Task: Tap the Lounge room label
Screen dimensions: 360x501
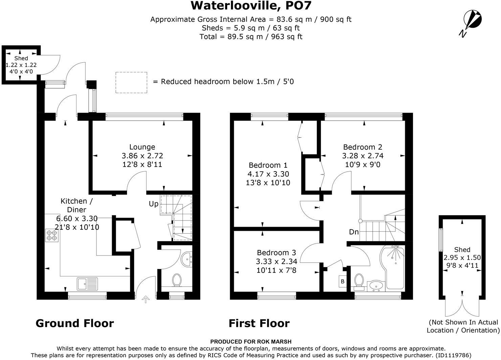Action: [x=142, y=147]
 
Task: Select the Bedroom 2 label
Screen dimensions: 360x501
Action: [x=363, y=147]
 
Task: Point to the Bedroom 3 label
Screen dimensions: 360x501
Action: [x=276, y=252]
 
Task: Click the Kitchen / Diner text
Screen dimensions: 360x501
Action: [x=77, y=205]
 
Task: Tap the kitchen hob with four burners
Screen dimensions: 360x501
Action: [x=52, y=235]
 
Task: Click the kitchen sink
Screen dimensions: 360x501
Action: [x=87, y=284]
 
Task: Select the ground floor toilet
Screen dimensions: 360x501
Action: [x=177, y=280]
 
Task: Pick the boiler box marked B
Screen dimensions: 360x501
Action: [x=342, y=281]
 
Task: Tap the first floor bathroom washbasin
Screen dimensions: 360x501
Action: [x=375, y=286]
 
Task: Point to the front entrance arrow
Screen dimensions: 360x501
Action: [x=146, y=299]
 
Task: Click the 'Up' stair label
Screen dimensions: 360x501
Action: [x=154, y=204]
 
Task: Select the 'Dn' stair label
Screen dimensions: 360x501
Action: [x=354, y=232]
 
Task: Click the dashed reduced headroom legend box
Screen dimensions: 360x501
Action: [x=131, y=82]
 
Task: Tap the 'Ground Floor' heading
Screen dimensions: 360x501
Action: [x=74, y=323]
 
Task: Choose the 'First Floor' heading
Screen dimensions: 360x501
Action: [x=259, y=323]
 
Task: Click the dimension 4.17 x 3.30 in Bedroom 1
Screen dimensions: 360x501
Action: [x=268, y=174]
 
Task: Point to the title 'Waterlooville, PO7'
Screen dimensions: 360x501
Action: [x=250, y=6]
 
